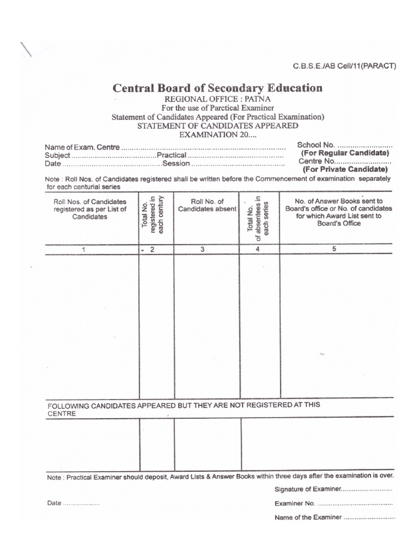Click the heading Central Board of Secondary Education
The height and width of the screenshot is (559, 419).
217,88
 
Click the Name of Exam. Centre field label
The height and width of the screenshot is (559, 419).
81,147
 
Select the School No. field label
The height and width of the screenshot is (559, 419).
316,145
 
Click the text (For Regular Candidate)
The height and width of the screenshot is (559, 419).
345,153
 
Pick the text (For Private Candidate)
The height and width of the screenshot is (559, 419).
345,170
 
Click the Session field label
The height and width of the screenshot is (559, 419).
176,164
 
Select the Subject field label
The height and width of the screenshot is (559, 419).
57,156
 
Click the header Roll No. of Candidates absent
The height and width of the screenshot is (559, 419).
207,205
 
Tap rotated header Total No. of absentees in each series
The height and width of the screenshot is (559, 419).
259,215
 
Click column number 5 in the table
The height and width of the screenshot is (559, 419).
334,249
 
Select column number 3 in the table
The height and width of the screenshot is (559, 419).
202,249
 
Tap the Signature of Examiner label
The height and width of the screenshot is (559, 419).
308,489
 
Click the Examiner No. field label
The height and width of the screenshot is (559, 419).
295,503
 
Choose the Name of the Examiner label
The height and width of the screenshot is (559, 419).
308,517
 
